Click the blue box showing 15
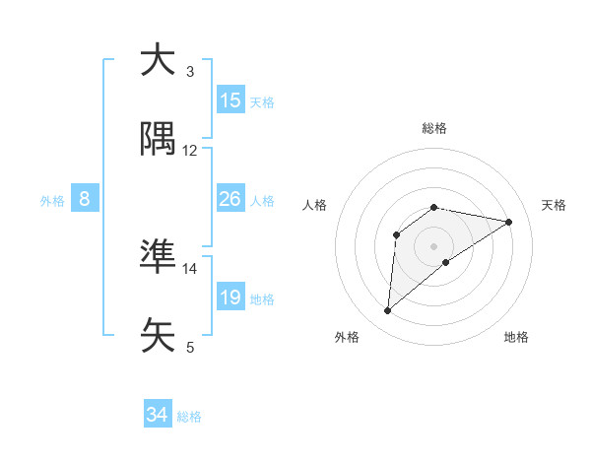(230, 100)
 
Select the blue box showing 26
(230, 199)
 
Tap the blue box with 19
(230, 298)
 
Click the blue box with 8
(85, 199)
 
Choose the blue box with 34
(157, 415)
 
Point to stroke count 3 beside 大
(190, 72)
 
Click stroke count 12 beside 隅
(190, 151)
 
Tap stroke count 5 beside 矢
(190, 347)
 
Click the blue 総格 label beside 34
(189, 417)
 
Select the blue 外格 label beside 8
(52, 201)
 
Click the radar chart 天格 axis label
(554, 205)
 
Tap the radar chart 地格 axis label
(516, 337)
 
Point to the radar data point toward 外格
(388, 311)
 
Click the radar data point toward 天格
(508, 222)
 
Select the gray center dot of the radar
(434, 245)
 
